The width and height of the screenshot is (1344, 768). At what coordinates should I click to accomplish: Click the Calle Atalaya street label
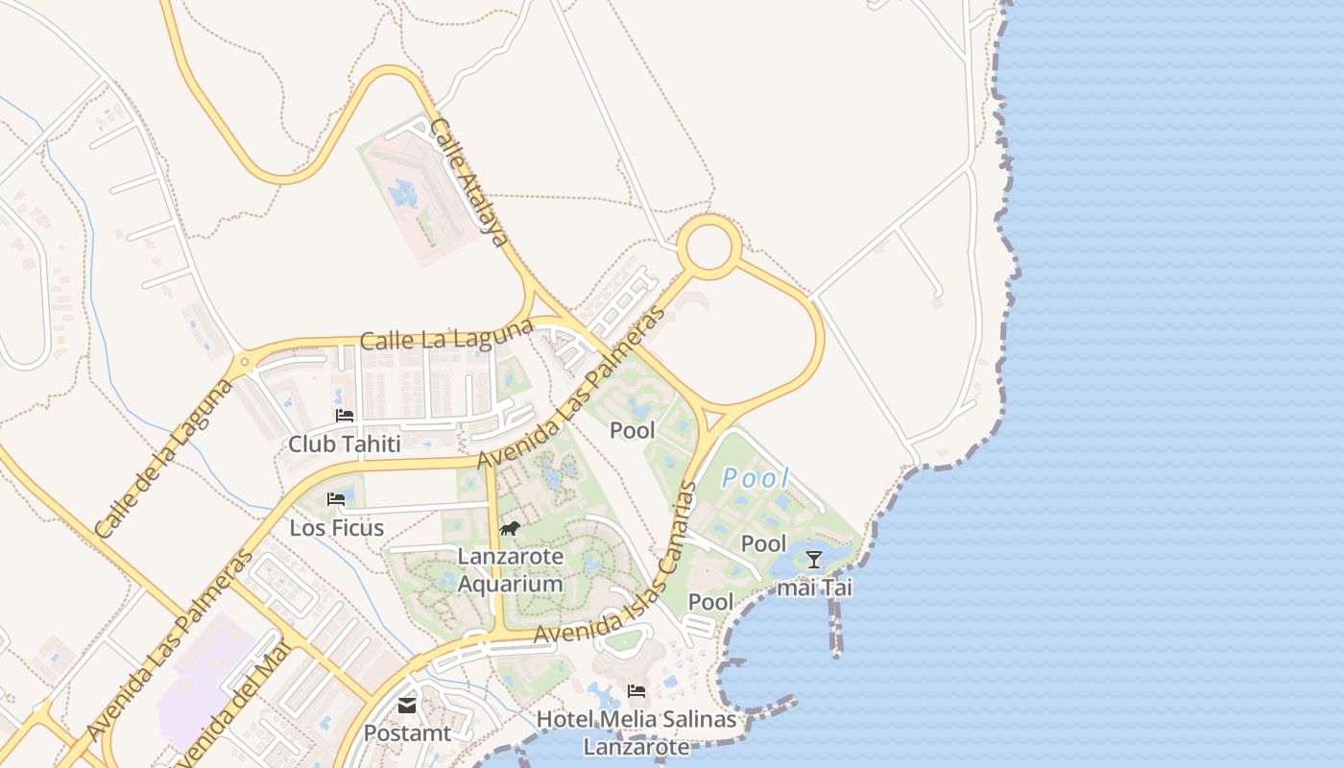[x=468, y=182]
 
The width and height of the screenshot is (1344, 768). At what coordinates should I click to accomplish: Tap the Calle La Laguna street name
[x=446, y=335]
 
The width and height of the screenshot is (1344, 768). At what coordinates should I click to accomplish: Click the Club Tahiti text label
[x=345, y=444]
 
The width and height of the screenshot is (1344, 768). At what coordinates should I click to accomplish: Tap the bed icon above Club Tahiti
[x=345, y=416]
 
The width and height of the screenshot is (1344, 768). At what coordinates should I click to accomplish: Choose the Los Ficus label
[x=337, y=528]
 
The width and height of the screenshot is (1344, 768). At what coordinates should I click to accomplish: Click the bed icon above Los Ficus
[x=336, y=499]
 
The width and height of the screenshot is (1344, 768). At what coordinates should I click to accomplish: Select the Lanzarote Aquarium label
[x=510, y=570]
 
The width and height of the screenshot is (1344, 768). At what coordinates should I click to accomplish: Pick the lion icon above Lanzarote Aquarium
[x=510, y=528]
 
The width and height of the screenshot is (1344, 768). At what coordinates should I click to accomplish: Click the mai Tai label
[x=814, y=588]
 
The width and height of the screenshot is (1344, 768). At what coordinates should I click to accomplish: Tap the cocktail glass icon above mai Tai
[x=814, y=560]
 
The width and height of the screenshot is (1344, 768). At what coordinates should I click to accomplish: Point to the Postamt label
[x=407, y=733]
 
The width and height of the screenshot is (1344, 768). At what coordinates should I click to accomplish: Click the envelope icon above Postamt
[x=407, y=706]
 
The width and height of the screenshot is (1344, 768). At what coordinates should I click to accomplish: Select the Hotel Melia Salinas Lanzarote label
[x=636, y=732]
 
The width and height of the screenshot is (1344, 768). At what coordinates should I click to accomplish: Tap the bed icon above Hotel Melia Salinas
[x=636, y=690]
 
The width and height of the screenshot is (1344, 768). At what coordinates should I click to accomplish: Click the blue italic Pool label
[x=756, y=478]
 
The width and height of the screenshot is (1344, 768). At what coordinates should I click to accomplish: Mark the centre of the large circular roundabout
[x=709, y=248]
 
